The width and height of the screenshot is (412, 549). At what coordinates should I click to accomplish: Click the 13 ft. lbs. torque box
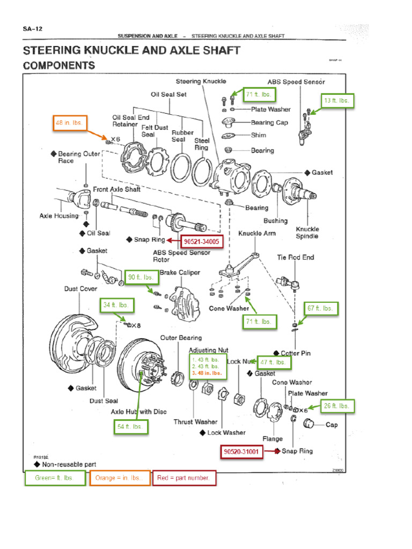338,100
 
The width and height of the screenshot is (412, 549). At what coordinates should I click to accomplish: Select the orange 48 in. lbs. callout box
70,123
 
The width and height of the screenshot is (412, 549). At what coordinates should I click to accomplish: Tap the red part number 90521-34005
201,242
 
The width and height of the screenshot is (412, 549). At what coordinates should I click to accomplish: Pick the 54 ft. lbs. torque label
130,427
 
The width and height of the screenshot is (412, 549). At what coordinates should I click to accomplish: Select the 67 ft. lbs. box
321,308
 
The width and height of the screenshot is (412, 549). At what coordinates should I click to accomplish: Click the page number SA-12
33,29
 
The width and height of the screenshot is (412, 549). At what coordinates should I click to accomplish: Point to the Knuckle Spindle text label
307,232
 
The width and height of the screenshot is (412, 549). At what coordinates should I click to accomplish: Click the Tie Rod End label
296,257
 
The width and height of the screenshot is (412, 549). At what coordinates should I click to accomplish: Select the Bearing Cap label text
269,122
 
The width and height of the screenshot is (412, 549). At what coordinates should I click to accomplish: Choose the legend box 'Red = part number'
185,478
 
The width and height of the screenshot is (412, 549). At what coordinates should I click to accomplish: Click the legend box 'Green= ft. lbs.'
55,478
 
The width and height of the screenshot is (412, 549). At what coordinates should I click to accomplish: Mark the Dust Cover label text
80,288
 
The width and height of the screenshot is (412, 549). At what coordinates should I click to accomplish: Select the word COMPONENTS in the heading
59,65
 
